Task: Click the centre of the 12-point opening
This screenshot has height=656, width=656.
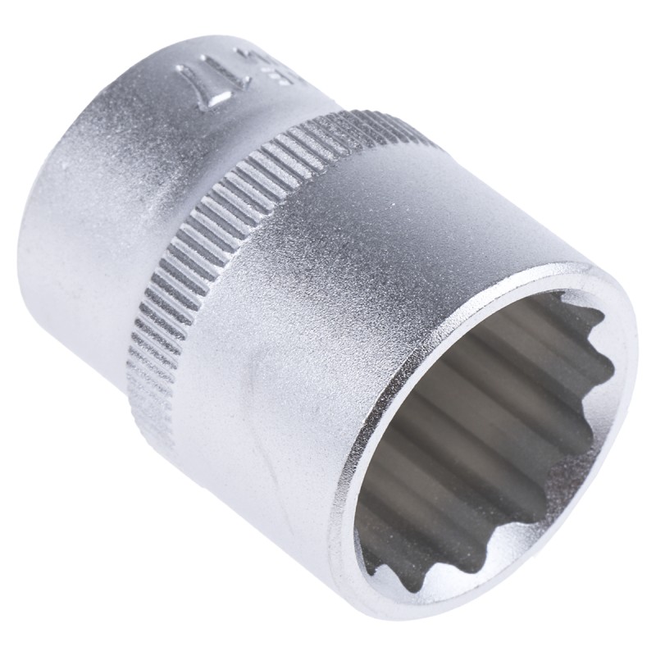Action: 484,426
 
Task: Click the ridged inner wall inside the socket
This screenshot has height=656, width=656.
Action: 459,410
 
